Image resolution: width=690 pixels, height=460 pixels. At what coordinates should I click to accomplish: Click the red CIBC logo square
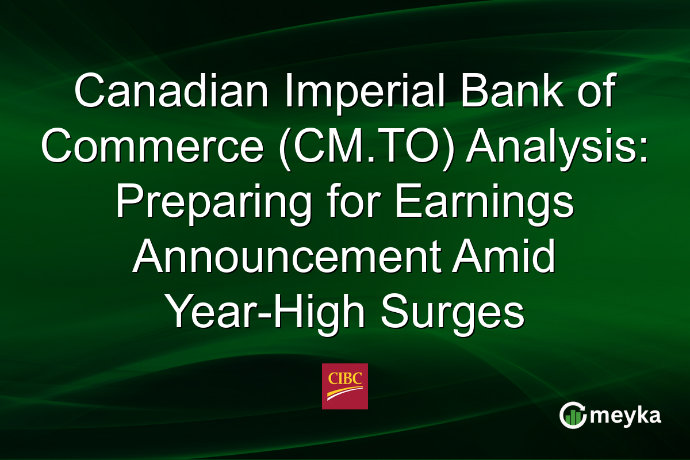point(345,386)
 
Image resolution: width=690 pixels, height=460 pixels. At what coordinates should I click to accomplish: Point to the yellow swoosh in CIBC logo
point(345,394)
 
